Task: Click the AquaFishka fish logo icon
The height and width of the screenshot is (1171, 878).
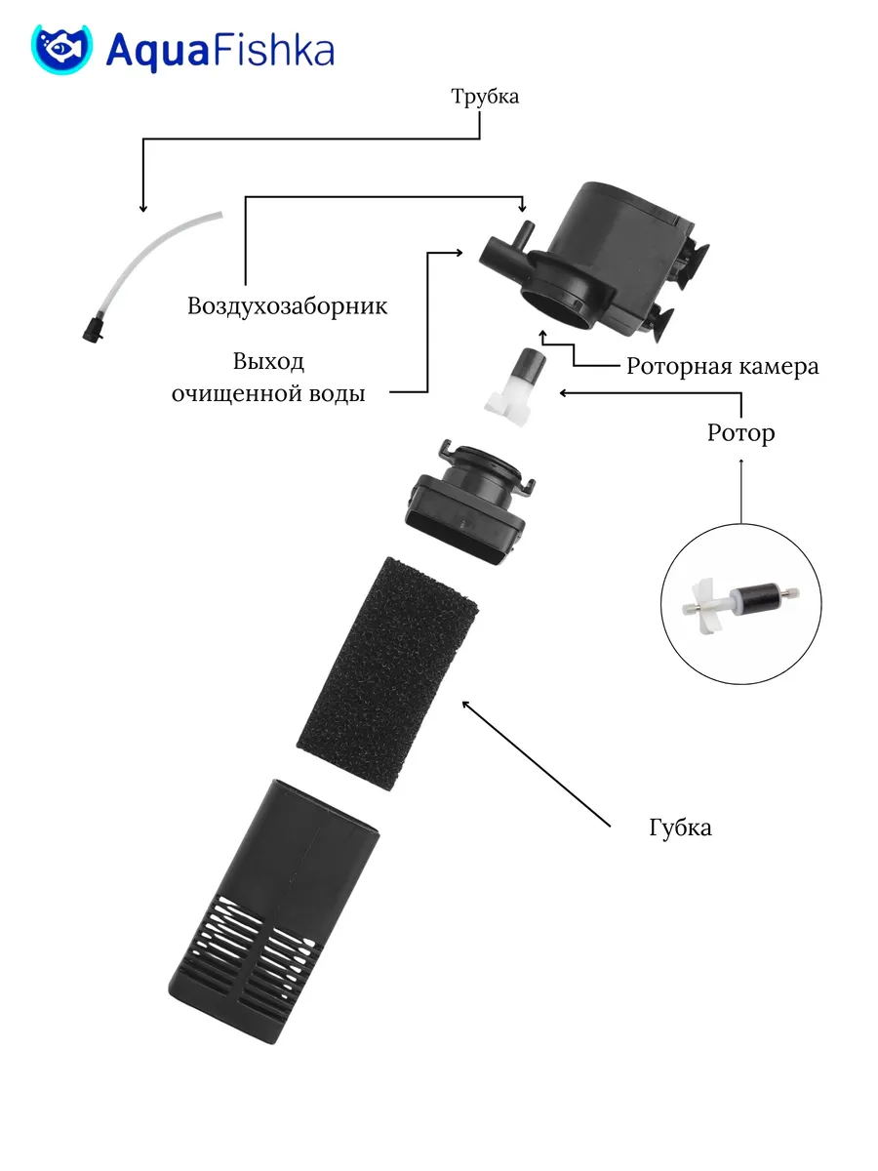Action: click(x=61, y=49)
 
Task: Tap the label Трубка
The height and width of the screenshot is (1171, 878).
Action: click(x=485, y=98)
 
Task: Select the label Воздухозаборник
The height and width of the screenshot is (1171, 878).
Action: click(x=288, y=306)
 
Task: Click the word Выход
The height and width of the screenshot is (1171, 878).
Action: click(x=268, y=362)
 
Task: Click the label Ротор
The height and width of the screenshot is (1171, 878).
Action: click(x=741, y=433)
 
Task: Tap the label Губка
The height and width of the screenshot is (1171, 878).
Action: click(x=680, y=828)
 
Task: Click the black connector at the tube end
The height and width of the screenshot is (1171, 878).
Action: click(x=93, y=330)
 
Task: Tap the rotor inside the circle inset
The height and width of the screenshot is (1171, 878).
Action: click(x=739, y=602)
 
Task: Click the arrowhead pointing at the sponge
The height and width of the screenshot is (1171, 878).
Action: click(x=465, y=704)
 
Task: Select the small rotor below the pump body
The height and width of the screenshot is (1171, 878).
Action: click(x=516, y=386)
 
